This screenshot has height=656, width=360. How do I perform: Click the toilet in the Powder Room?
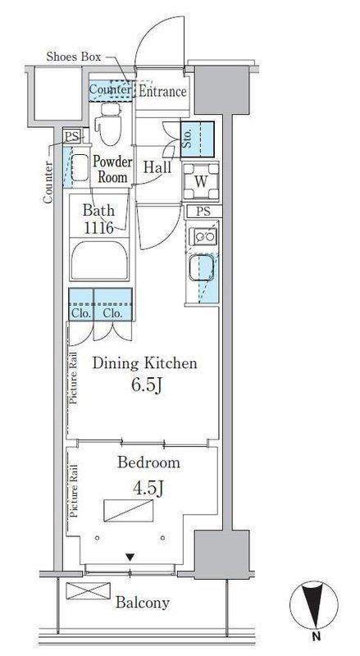tap(108, 124)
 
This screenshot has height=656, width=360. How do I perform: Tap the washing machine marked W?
tap(201, 181)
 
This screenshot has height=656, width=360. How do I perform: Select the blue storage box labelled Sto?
tap(197, 139)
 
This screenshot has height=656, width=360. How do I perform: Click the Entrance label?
tap(162, 91)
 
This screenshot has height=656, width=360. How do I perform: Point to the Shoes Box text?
tap(74, 57)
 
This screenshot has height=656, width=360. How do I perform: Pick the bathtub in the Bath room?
tap(99, 260)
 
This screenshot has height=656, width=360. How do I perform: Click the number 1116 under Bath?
tap(98, 228)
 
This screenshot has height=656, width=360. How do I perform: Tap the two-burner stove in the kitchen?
tap(203, 237)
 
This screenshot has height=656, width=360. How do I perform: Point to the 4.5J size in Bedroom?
tap(147, 488)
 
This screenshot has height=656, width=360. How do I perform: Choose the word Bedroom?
tap(149, 462)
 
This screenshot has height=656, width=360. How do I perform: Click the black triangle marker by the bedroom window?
tap(130, 557)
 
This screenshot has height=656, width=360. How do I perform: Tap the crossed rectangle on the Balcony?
tap(89, 590)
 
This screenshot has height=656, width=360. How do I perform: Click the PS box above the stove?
tap(203, 212)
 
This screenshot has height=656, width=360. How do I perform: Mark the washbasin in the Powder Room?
tap(80, 167)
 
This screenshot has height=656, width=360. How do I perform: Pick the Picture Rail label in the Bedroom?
tap(75, 490)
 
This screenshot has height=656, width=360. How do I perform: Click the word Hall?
tap(157, 167)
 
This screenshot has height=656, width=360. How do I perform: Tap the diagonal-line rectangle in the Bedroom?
tap(128, 510)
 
